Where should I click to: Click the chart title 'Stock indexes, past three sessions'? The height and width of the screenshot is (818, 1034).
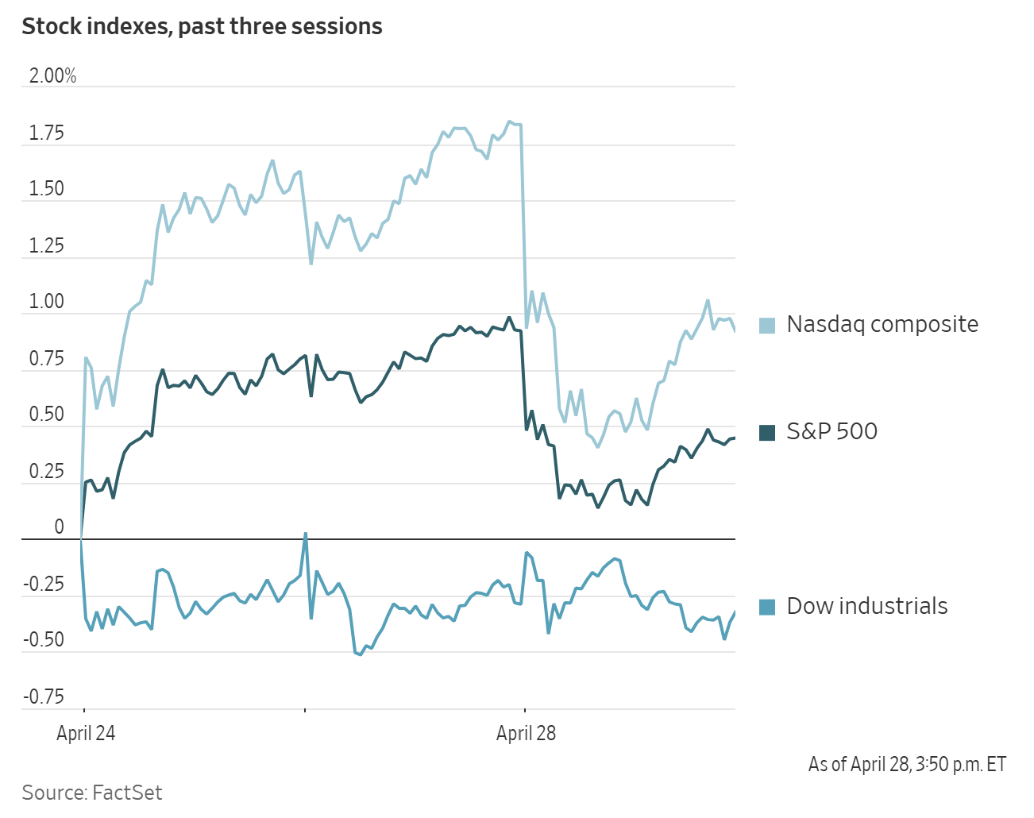(202, 27)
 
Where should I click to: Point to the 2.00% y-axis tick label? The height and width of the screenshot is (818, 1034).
(52, 76)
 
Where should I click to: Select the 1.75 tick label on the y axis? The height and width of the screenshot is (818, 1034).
(46, 133)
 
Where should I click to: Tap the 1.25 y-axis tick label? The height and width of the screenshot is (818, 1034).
(46, 246)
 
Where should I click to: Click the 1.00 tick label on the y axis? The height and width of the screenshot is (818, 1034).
(46, 302)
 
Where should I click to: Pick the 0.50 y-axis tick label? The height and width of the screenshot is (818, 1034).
(46, 415)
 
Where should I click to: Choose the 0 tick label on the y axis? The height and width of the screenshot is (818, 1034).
(59, 527)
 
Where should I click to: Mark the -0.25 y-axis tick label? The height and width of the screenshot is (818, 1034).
(43, 585)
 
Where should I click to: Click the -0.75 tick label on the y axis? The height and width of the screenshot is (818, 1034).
(43, 697)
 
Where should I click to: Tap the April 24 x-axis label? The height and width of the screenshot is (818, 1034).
(86, 733)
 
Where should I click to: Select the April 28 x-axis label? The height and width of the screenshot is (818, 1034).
(526, 733)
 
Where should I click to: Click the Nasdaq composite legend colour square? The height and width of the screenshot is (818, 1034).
(767, 325)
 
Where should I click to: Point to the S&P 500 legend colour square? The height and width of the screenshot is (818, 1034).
(767, 432)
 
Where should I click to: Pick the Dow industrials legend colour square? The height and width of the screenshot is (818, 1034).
(767, 607)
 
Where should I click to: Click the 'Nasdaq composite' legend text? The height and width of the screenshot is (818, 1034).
(882, 324)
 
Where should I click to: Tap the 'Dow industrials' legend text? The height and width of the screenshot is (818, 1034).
(867, 606)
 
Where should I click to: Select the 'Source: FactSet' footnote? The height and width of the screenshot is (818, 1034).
(92, 793)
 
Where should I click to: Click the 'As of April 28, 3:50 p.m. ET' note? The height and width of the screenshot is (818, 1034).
(907, 764)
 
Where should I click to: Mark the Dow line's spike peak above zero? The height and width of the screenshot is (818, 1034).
(306, 534)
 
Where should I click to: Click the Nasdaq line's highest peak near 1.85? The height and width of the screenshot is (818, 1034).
(509, 122)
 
